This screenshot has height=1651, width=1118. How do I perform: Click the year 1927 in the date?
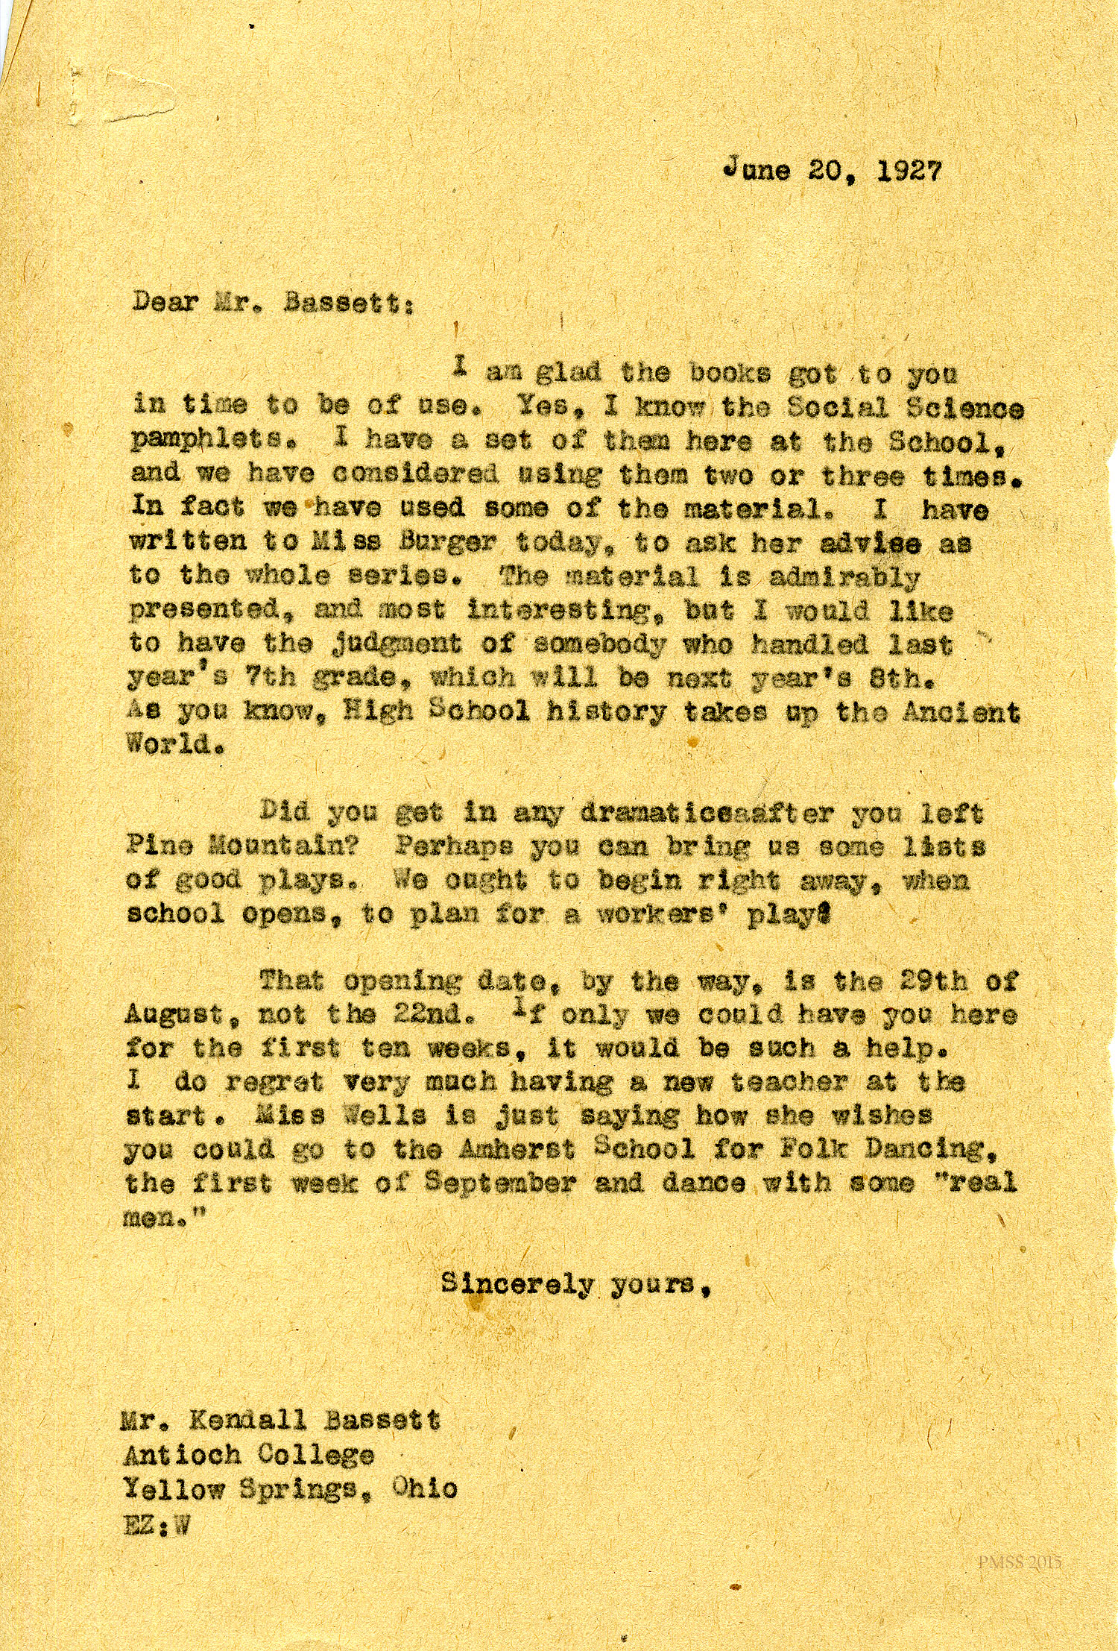[x=909, y=172]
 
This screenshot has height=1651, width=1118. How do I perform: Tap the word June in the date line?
[x=757, y=170]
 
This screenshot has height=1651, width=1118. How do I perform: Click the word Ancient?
[x=961, y=713]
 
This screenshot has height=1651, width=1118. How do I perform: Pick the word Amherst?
[x=517, y=1150]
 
